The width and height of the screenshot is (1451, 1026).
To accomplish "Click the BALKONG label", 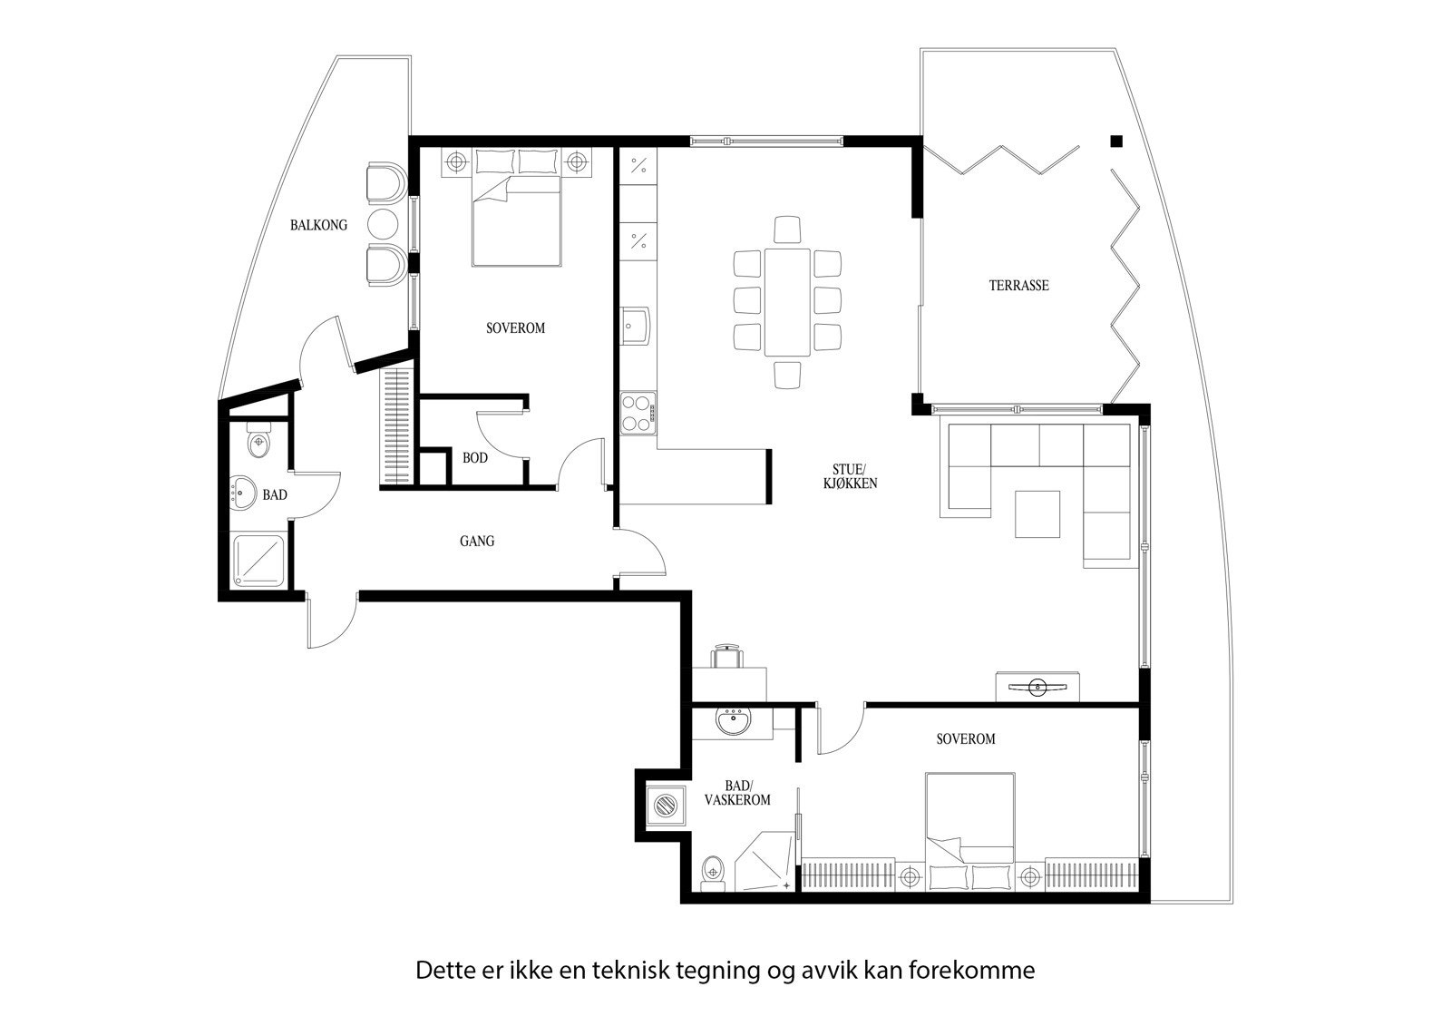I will (318, 225).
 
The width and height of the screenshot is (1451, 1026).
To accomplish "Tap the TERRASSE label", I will (1018, 285).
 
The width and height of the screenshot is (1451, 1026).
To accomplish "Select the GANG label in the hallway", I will (477, 542).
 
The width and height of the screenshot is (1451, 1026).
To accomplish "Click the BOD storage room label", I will (475, 458).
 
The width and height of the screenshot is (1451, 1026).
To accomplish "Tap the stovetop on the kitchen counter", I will (638, 412).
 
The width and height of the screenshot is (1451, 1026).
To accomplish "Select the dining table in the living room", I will (786, 301).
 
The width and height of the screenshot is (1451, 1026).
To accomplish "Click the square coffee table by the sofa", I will (1037, 514).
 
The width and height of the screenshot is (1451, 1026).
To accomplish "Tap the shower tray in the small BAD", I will (258, 559).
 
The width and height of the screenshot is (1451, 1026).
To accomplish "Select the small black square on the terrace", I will (1116, 141).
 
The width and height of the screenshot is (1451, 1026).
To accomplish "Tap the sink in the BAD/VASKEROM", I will (733, 722).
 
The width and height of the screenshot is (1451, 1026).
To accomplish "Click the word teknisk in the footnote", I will (630, 971).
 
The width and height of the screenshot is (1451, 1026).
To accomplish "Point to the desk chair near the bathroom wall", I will (727, 655).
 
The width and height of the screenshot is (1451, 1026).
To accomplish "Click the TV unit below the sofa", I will (1037, 687).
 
